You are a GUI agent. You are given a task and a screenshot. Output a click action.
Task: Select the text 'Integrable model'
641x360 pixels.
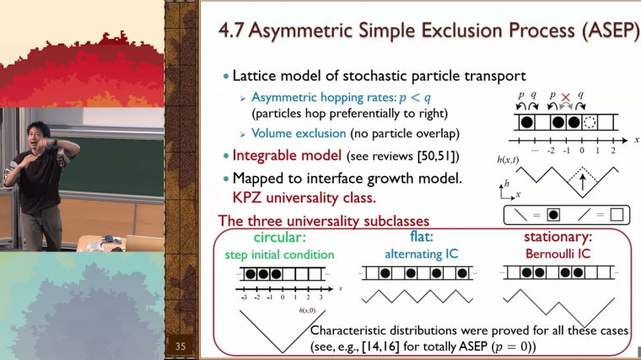point(281,156)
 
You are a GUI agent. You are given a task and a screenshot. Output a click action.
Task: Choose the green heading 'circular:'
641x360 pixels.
point(279,236)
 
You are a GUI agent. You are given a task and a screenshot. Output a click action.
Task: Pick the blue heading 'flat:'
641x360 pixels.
point(415,236)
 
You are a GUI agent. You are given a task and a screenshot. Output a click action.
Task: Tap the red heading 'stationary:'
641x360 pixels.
point(558,236)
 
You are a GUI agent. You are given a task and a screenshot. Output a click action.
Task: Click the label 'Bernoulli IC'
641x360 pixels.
point(558,252)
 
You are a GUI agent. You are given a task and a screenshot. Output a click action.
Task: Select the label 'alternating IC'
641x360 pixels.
point(415,252)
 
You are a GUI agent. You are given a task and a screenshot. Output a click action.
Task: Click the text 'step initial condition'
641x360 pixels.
point(279,254)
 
